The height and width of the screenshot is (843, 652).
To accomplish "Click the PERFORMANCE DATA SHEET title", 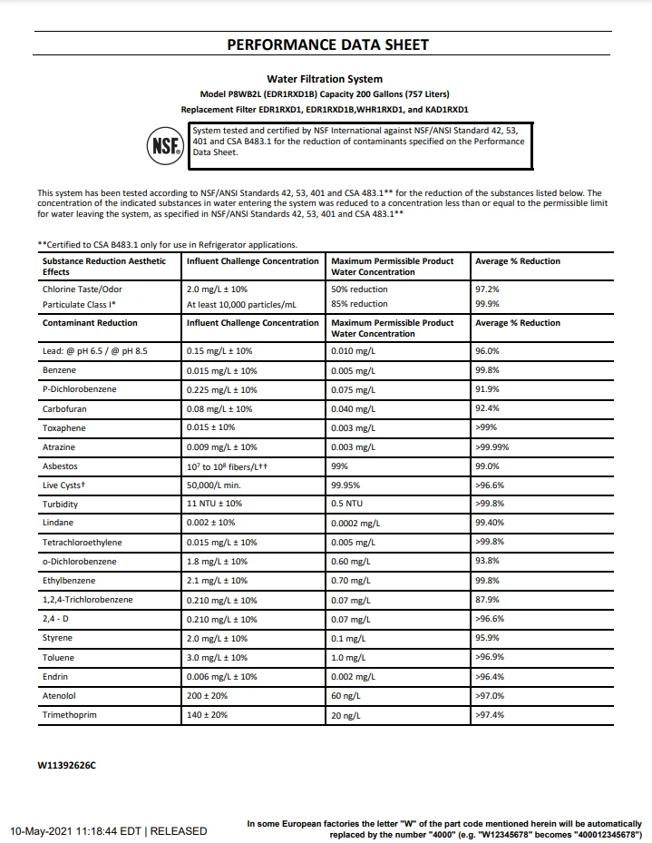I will tap(326, 44).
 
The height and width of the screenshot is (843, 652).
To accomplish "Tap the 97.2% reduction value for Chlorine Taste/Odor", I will tap(487, 289).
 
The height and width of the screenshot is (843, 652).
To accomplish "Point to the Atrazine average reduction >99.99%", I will tap(491, 447).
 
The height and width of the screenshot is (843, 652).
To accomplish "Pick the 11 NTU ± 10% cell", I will tap(215, 504).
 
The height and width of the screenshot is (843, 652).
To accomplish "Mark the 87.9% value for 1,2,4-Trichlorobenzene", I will tap(487, 600).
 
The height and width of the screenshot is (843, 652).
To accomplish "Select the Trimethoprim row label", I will tap(69, 715).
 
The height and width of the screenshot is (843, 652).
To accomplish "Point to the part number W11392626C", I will tap(66, 766).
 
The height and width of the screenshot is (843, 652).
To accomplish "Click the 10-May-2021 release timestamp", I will tap(109, 830).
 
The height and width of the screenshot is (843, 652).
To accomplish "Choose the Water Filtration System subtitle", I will tap(325, 79).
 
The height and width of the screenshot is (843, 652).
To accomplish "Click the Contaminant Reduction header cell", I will tap(90, 323).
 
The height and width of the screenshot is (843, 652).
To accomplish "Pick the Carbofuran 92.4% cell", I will tap(487, 408).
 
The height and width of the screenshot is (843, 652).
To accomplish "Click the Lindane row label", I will tap(57, 523).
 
